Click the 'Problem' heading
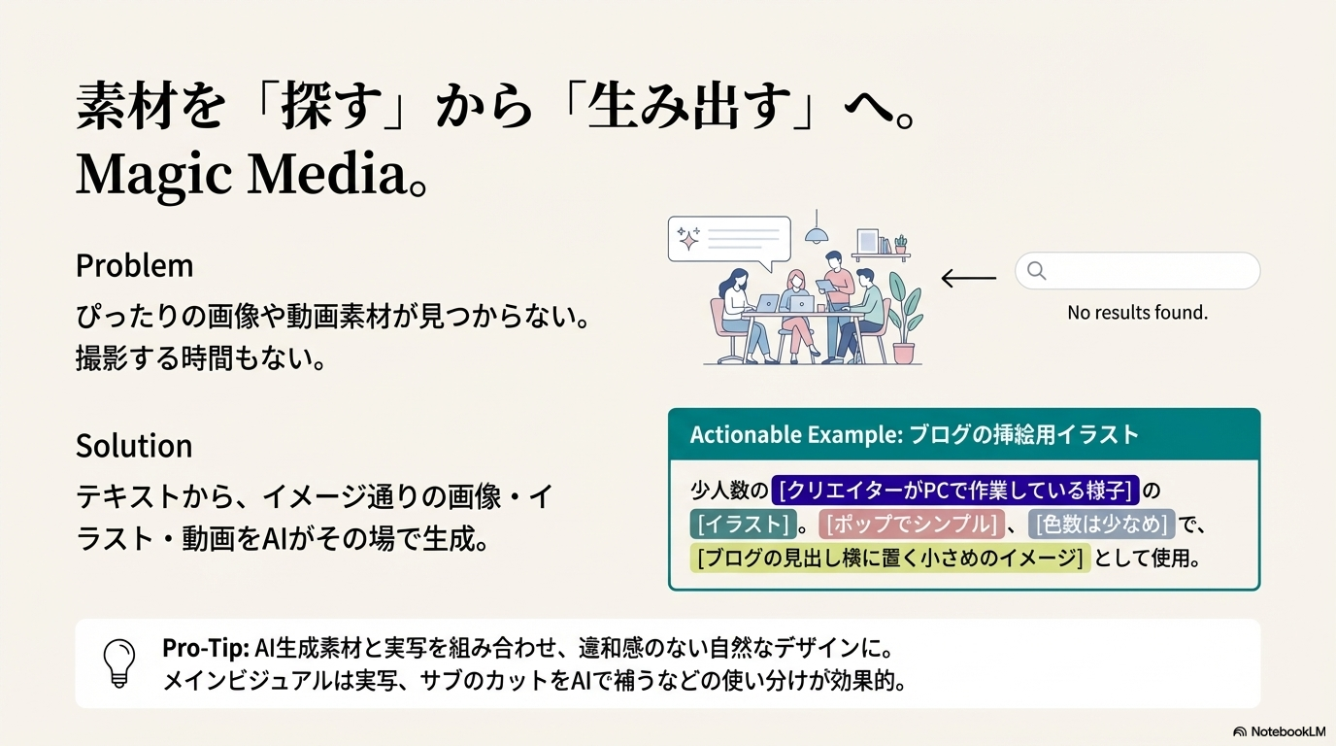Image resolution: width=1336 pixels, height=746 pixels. [x=134, y=266]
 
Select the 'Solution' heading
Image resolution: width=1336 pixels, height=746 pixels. [x=134, y=446]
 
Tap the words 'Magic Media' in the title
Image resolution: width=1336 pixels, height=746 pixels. [x=242, y=174]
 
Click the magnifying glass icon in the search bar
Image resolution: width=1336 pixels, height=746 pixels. [x=1037, y=270]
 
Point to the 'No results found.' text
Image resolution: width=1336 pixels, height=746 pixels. [x=1137, y=312]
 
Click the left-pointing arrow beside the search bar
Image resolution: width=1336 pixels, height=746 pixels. [x=968, y=278]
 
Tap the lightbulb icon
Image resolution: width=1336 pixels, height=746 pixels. [x=119, y=663]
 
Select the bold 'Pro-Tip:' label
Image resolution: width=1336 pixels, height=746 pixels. [x=206, y=648]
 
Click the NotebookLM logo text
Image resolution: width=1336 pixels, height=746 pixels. [x=1287, y=731]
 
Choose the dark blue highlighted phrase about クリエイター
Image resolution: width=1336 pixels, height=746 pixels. [x=954, y=490]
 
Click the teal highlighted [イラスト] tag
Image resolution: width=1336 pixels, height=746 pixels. [x=743, y=524]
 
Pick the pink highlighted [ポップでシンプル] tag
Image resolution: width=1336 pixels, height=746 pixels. [x=912, y=524]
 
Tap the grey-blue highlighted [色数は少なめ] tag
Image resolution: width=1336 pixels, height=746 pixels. [x=1101, y=524]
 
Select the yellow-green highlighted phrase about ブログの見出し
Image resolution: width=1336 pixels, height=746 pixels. [x=890, y=558]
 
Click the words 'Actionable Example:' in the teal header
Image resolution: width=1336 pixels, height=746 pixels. [x=796, y=434]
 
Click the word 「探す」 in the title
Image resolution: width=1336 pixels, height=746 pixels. [x=331, y=106]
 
